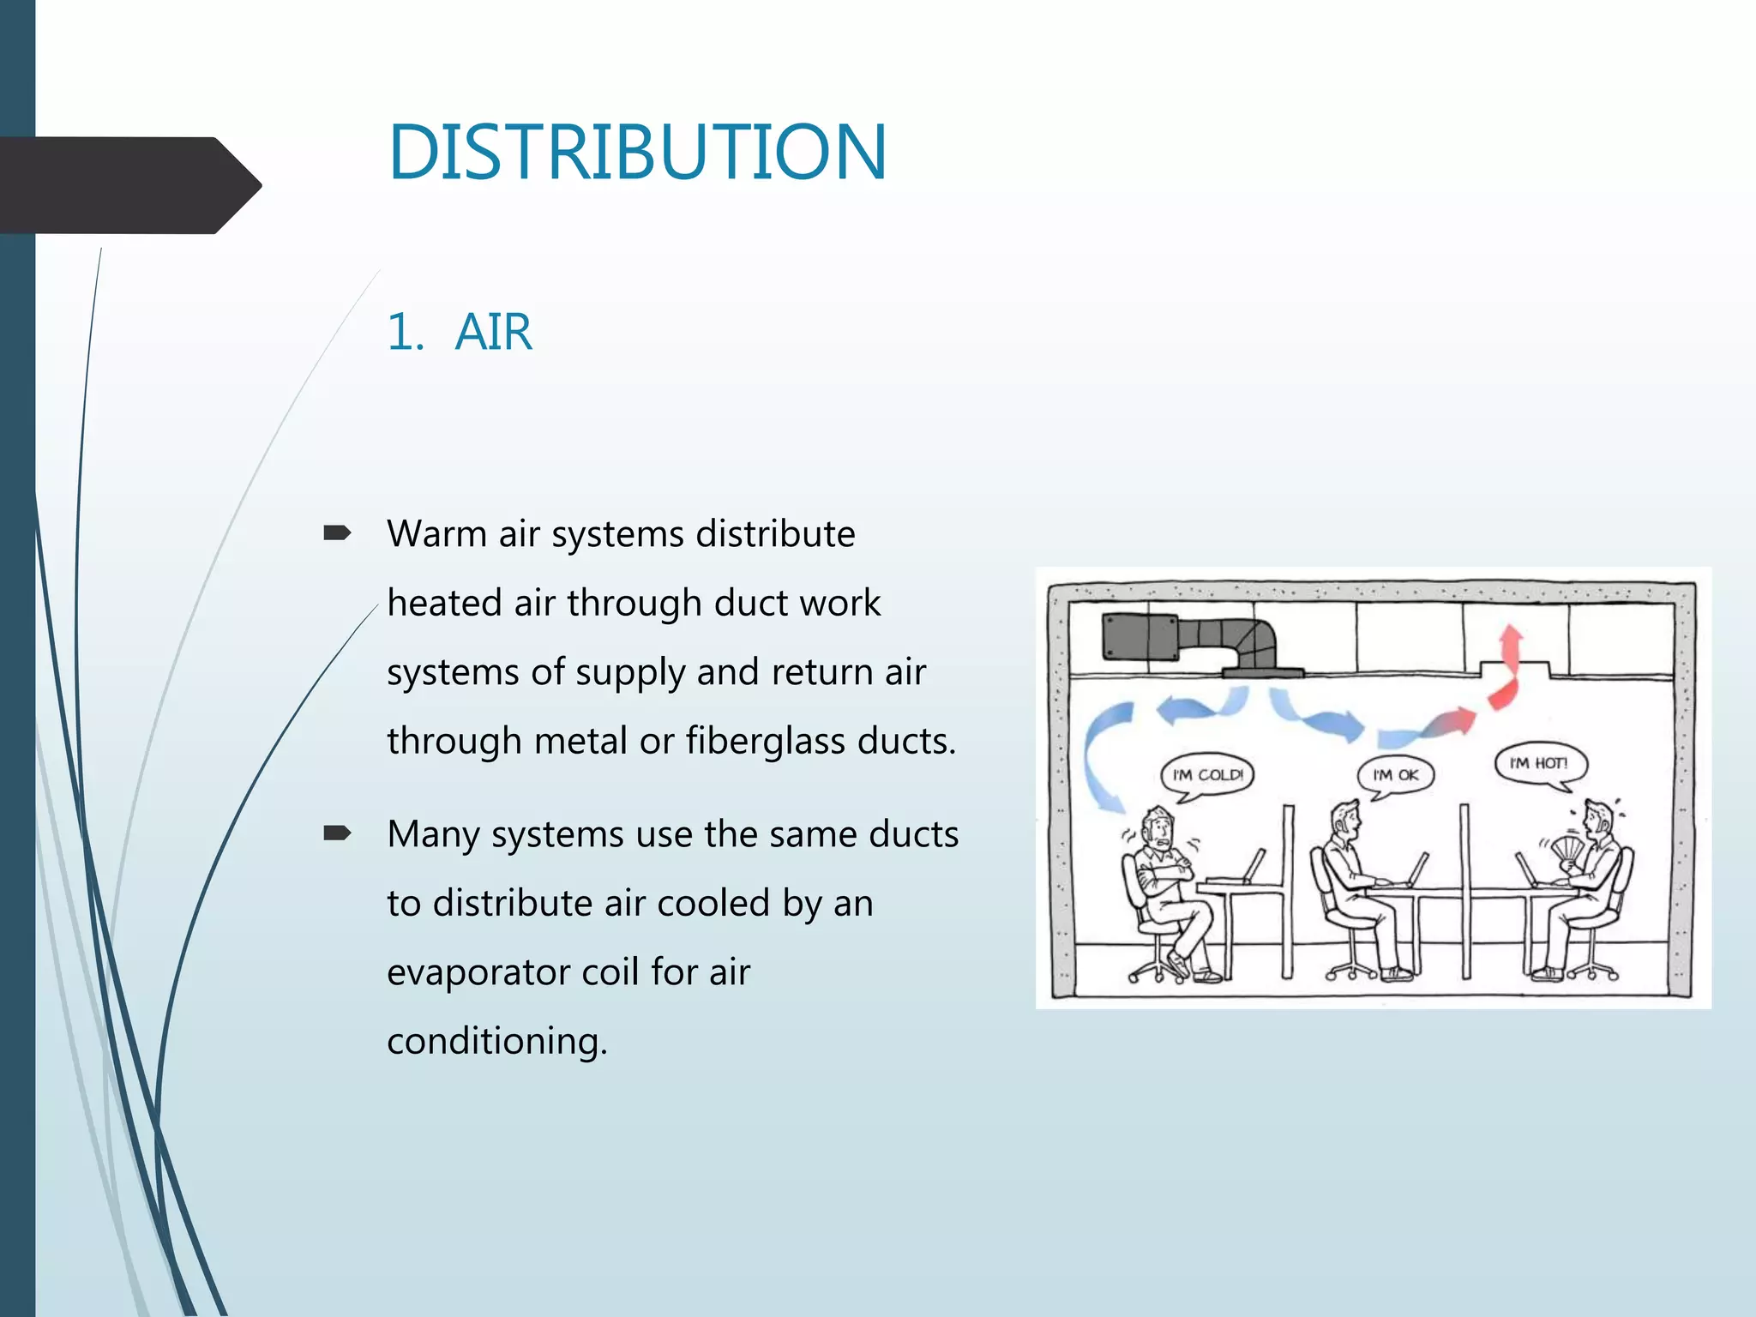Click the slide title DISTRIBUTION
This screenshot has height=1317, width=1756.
pyautogui.click(x=636, y=153)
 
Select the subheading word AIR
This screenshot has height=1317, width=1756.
pyautogui.click(x=493, y=332)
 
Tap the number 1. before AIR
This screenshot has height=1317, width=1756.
pyautogui.click(x=405, y=332)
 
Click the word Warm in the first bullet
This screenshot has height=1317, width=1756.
pyautogui.click(x=436, y=534)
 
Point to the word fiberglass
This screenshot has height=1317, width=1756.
pyautogui.click(x=766, y=741)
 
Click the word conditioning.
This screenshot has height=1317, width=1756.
pyautogui.click(x=496, y=1041)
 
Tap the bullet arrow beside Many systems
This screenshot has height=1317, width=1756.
pyautogui.click(x=337, y=833)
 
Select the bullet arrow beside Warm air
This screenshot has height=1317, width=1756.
pyautogui.click(x=337, y=534)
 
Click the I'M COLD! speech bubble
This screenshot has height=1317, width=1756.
pyautogui.click(x=1207, y=775)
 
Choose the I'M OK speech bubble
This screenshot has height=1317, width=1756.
pyautogui.click(x=1396, y=775)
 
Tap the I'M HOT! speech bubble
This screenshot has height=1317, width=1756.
pyautogui.click(x=1540, y=763)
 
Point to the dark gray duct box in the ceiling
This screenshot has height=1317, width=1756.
pyautogui.click(x=1140, y=636)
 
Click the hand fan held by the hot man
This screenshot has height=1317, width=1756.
pyautogui.click(x=1567, y=850)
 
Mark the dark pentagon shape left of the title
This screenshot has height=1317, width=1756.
pyautogui.click(x=129, y=185)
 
